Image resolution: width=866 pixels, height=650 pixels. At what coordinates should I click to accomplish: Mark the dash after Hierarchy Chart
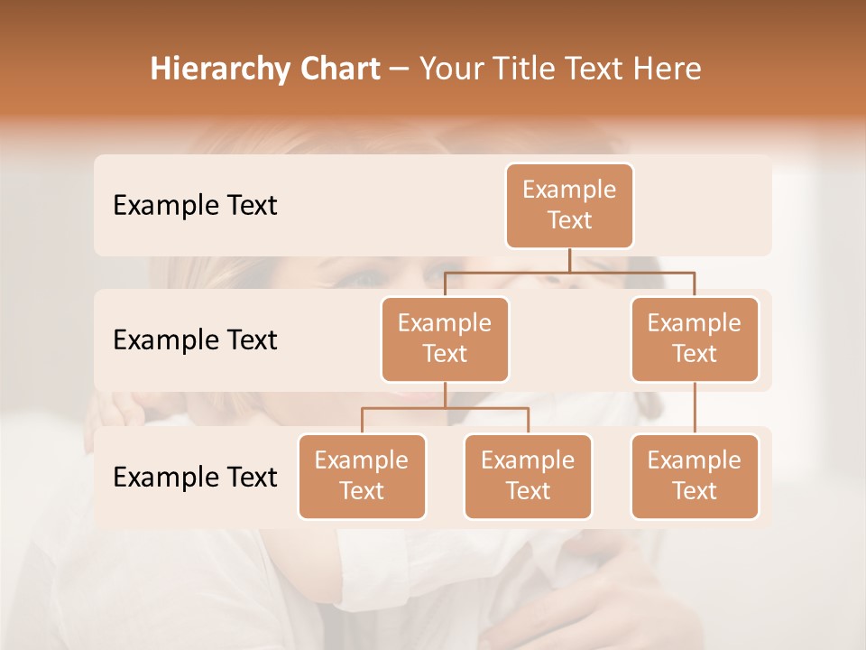point(400,70)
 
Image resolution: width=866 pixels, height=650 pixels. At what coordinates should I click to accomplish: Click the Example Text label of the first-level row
point(195,205)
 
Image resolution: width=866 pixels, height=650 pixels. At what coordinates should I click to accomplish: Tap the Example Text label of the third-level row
point(195,477)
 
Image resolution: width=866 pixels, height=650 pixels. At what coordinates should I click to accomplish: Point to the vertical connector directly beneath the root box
point(569,260)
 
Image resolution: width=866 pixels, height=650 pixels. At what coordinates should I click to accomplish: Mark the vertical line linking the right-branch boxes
point(695,408)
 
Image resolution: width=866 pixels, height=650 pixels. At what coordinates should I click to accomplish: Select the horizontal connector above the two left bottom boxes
point(445,408)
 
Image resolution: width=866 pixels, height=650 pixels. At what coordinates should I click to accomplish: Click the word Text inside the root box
point(569,220)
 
